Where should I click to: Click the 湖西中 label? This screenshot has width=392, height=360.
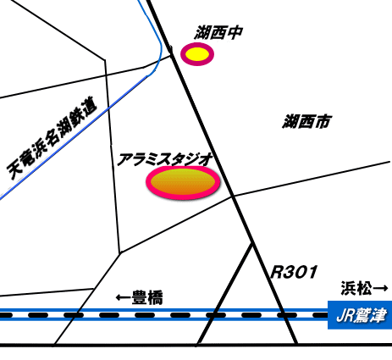point(218,32)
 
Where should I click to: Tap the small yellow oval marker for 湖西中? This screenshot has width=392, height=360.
point(197,54)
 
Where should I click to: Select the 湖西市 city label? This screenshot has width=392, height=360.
point(306,121)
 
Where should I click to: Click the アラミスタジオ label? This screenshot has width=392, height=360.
point(164,159)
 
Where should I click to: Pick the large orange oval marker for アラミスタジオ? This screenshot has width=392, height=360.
point(183,182)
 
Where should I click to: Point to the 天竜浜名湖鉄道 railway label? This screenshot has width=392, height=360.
point(52,138)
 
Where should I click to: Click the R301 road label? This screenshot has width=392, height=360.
point(294,272)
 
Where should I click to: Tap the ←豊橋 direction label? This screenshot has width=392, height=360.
point(140,297)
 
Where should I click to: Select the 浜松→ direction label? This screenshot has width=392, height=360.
point(365,288)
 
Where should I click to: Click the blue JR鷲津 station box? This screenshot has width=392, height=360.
point(360,315)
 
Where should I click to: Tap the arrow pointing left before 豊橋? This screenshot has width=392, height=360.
point(124,297)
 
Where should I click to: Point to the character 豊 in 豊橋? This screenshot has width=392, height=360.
point(140,297)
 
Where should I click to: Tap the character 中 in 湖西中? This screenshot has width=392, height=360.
point(235,32)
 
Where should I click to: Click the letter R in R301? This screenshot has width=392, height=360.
point(277,272)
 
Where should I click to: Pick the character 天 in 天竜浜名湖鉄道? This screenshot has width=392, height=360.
point(14,170)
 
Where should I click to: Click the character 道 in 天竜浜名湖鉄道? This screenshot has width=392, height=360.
point(89,106)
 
